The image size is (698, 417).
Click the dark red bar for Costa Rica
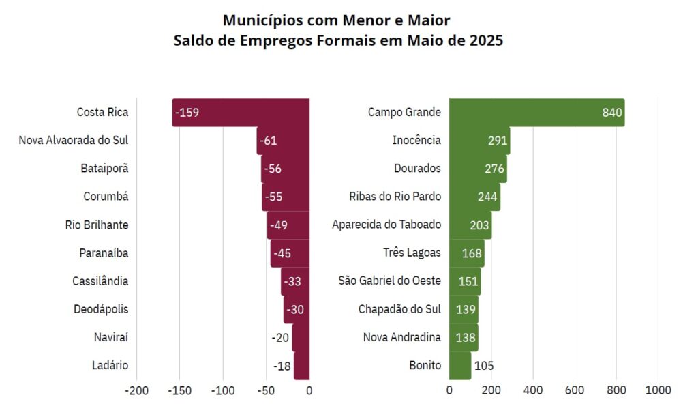point(241,112)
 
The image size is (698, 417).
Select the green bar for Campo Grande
point(537,112)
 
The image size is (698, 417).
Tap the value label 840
point(612,112)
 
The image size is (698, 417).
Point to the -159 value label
point(187,112)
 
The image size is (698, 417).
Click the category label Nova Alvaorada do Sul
point(74,141)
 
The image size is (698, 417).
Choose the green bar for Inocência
point(479,141)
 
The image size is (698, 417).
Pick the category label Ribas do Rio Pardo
point(395,197)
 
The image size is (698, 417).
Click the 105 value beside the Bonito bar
point(484,366)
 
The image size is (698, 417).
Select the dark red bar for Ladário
point(301,366)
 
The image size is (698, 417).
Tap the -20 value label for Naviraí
point(280,338)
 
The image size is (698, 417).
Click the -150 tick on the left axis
point(180,390)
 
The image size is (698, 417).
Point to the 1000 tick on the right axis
point(658,390)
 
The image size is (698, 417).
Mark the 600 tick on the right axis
point(574,390)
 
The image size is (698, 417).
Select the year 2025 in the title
point(486,40)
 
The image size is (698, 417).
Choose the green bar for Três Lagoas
point(466,253)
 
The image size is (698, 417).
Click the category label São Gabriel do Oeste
point(389,281)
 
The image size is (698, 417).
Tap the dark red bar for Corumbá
point(286,197)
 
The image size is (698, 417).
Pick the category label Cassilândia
point(100,281)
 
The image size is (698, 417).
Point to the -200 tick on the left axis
point(136,390)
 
